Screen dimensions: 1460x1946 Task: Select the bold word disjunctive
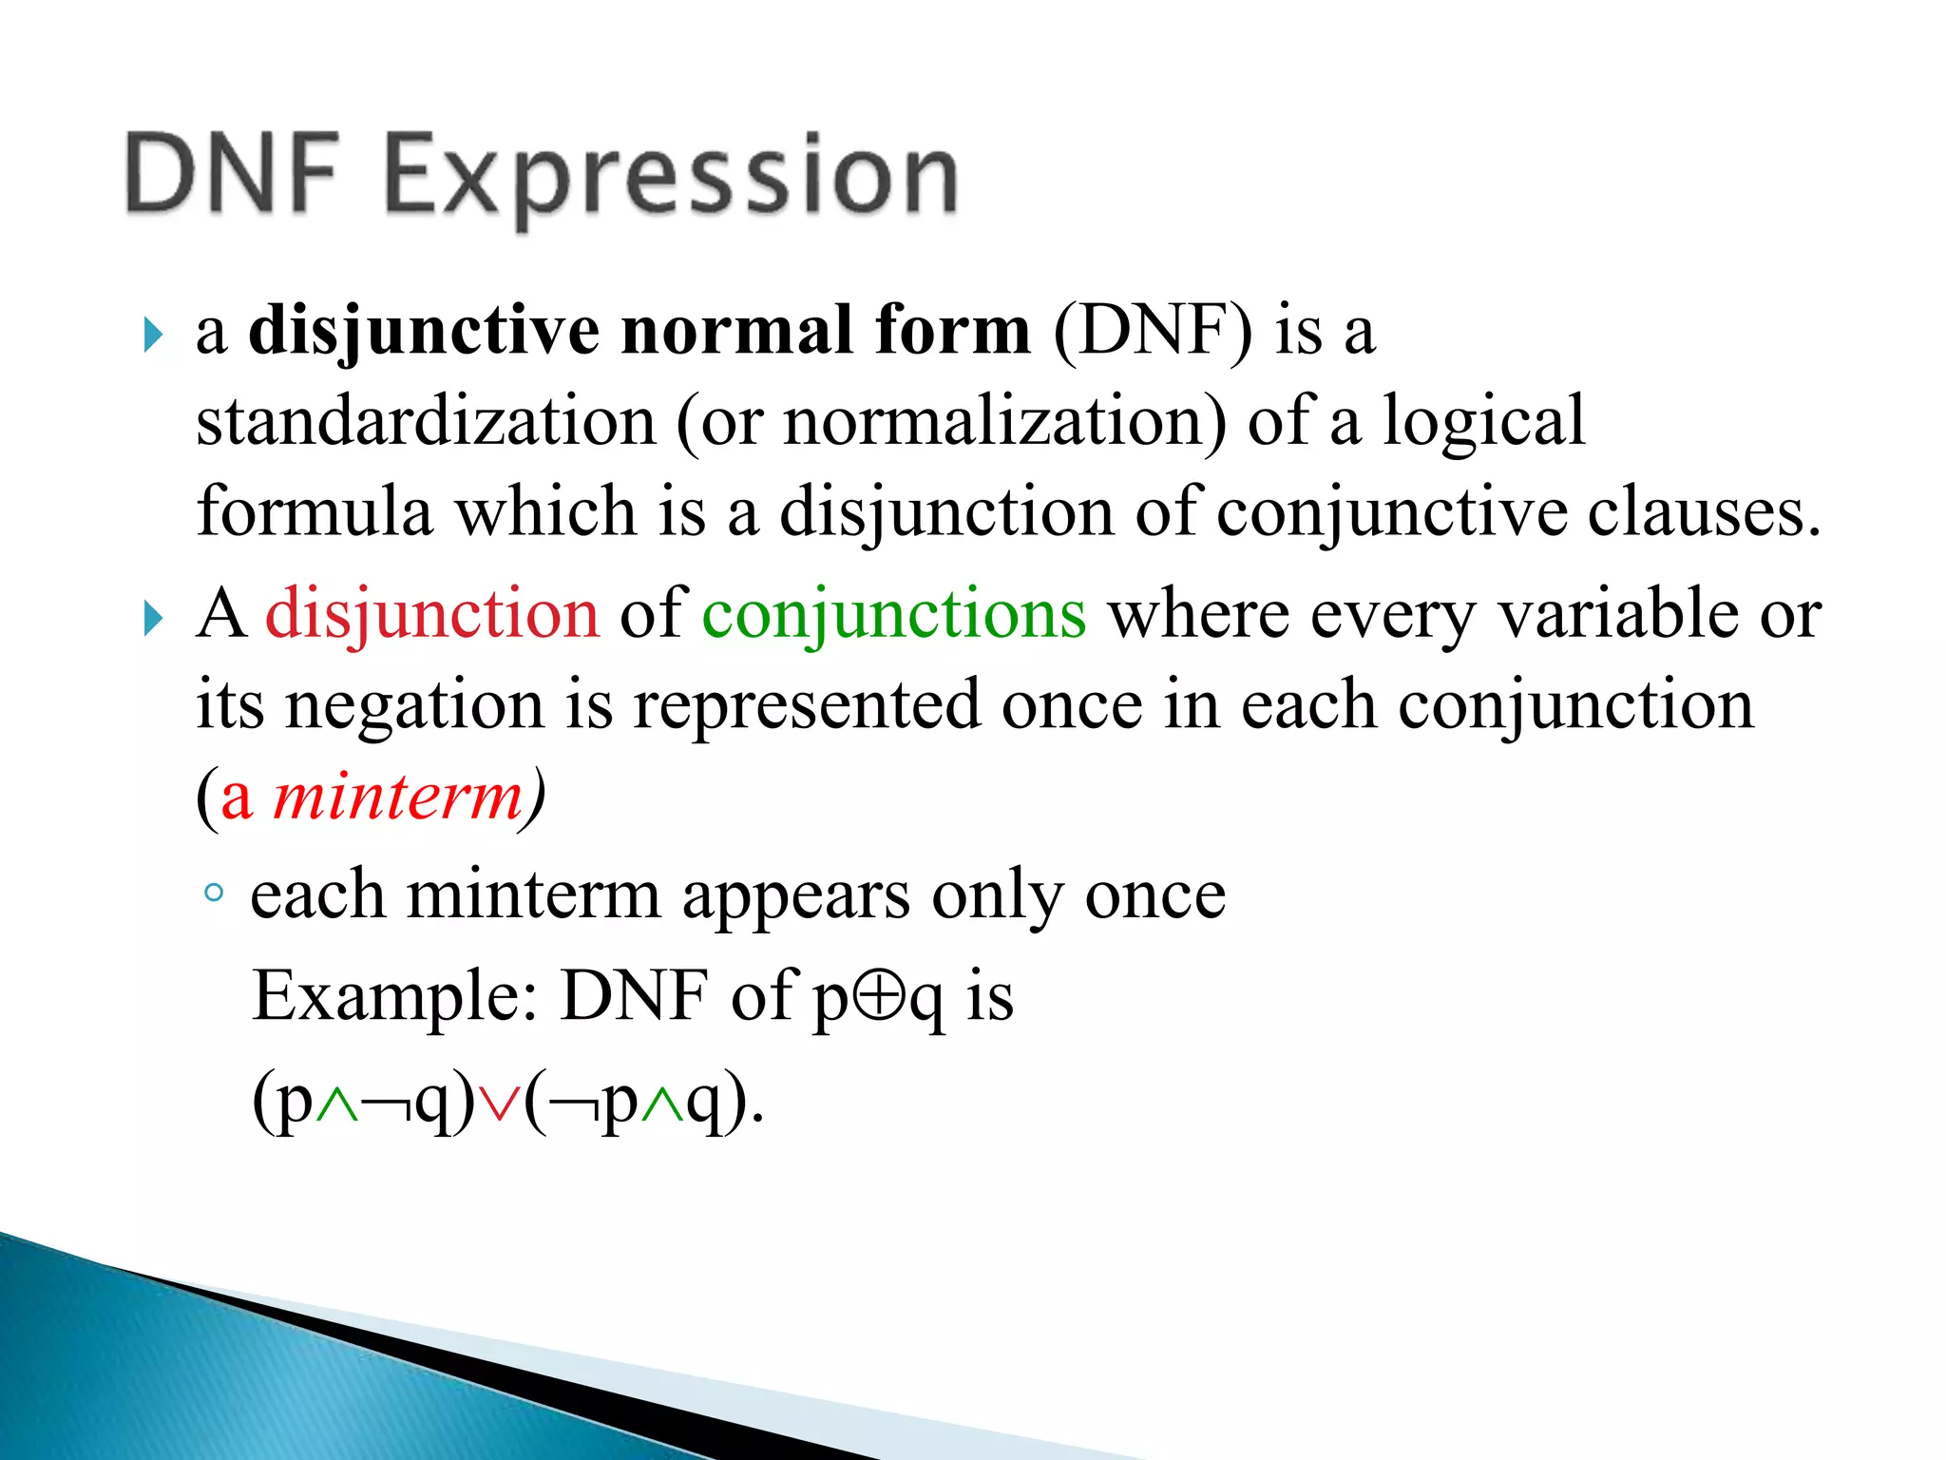point(423,331)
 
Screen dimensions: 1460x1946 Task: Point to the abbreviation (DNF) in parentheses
point(1152,331)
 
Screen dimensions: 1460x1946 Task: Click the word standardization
point(426,421)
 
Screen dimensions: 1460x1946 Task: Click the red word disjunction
point(432,613)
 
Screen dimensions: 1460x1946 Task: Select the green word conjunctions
point(893,613)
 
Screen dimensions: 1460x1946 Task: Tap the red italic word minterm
point(398,796)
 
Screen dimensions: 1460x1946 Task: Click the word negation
point(415,706)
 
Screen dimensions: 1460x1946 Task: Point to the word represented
point(807,706)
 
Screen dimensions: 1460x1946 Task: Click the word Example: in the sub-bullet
point(395,996)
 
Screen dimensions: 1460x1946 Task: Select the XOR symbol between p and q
point(879,997)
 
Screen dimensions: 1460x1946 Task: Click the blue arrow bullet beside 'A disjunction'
point(153,619)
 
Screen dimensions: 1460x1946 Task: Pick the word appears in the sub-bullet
point(795,895)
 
